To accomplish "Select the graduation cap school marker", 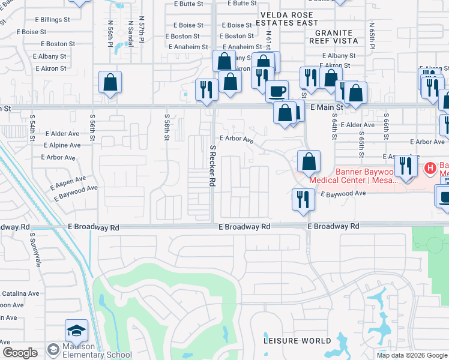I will (x=76, y=331).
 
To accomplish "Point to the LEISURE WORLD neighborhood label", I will (x=298, y=341).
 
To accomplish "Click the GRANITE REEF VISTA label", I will (x=334, y=37).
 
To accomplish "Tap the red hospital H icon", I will (x=430, y=167).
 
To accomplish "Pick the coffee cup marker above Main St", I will (x=277, y=91).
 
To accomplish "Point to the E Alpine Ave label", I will (x=62, y=145).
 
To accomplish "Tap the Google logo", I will (x=20, y=353).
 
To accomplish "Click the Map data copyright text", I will (x=411, y=355).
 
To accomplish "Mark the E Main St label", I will (x=327, y=107).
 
